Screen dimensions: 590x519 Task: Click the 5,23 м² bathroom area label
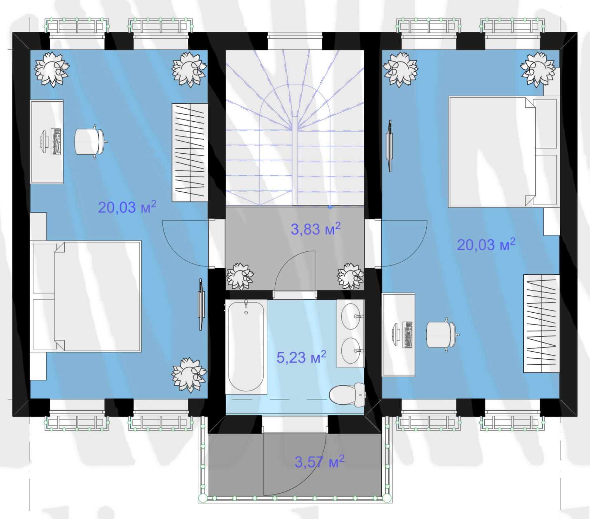[x=301, y=357]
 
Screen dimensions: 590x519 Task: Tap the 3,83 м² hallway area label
[x=316, y=229]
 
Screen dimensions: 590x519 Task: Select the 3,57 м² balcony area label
[x=320, y=462]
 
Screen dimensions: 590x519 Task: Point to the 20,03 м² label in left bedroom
[x=127, y=207]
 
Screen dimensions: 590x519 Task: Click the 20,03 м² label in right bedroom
[x=486, y=244]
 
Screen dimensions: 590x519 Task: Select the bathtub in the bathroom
[x=246, y=347]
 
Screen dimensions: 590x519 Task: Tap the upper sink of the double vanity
[x=351, y=316]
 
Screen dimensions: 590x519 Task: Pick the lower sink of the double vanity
[x=351, y=351]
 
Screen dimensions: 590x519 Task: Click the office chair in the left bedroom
[x=90, y=142]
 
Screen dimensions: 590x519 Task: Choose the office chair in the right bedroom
[x=442, y=335]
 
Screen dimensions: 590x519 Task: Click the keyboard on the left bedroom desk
[x=56, y=142]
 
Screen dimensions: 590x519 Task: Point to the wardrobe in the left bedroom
[x=190, y=153]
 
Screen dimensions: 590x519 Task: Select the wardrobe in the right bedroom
[x=542, y=323]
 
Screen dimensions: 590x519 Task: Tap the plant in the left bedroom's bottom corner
[x=189, y=375]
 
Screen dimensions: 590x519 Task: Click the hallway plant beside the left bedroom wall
[x=240, y=276]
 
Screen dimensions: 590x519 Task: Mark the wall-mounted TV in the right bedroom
[x=389, y=146]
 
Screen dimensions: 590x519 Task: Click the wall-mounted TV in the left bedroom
[x=201, y=305]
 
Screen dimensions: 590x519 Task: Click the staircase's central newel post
[x=295, y=161]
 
